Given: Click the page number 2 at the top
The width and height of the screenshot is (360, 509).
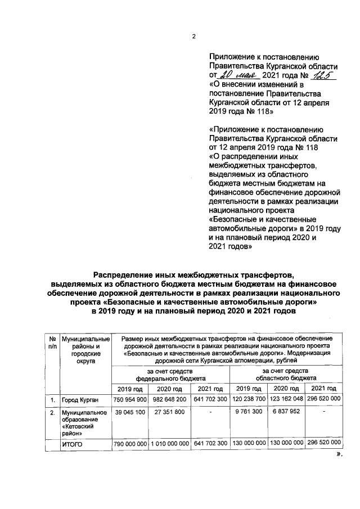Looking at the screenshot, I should (x=193, y=37).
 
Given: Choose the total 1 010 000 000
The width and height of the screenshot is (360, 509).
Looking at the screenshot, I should (x=170, y=444).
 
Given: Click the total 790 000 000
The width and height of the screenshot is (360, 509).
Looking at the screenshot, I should (x=130, y=444).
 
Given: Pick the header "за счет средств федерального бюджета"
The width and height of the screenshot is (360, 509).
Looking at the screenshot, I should (x=170, y=375).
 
